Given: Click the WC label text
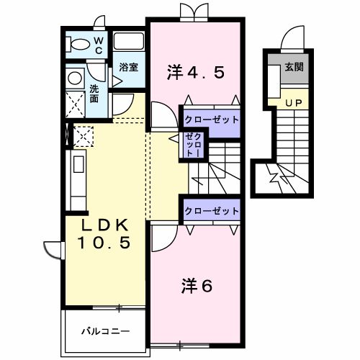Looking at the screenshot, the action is (x=98, y=46).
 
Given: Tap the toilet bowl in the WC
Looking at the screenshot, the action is (x=78, y=45).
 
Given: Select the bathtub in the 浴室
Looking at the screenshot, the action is (x=129, y=42).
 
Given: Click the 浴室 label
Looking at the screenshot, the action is (x=129, y=67).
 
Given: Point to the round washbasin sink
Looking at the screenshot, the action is (x=75, y=78).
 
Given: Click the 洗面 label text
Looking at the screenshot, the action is (x=94, y=94).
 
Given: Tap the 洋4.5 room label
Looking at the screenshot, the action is (x=196, y=73).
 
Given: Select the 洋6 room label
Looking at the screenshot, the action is (x=197, y=286).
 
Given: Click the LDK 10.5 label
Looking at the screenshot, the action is (x=104, y=234).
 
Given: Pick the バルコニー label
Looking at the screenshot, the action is (x=105, y=331).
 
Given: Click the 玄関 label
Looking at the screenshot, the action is (x=294, y=67).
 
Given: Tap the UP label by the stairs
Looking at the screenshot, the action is (x=294, y=103).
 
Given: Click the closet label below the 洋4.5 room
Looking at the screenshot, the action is (x=212, y=120).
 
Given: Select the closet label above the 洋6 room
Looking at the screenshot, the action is (x=212, y=211).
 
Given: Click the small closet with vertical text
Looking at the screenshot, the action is (x=193, y=145).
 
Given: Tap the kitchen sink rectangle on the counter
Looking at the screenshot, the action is (x=78, y=164).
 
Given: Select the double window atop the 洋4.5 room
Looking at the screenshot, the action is (x=194, y=12).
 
